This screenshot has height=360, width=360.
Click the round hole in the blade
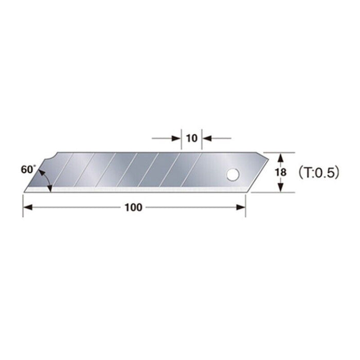(233, 175)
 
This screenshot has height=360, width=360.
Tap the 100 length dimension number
(134, 207)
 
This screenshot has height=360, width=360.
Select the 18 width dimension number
(280, 172)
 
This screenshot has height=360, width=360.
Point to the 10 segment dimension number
(192, 138)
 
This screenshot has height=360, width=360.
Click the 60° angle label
(29, 169)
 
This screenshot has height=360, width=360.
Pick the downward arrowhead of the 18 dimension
(280, 188)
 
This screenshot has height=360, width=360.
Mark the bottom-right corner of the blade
(245, 192)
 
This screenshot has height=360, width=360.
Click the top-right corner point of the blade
(263, 153)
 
